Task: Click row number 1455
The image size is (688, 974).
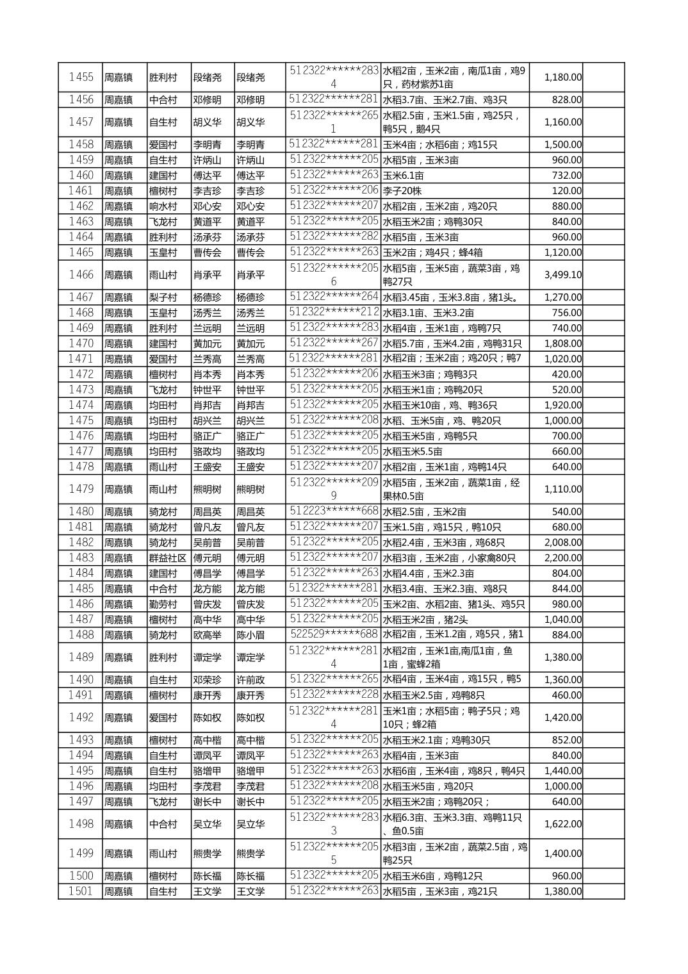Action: [81, 78]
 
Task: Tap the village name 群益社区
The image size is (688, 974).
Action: [168, 558]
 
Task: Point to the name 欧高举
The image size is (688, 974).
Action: [207, 635]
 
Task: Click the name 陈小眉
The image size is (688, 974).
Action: [250, 635]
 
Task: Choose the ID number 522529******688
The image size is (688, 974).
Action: [333, 634]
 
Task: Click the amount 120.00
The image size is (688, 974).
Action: [567, 191]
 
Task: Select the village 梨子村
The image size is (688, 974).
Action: [163, 297]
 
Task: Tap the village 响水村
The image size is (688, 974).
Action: [163, 206]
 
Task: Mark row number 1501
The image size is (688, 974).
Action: [81, 891]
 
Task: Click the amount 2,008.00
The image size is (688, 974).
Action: [563, 543]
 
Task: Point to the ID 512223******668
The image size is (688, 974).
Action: [333, 511]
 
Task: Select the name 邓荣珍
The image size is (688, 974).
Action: [207, 680]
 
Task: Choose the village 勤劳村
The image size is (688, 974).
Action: [163, 604]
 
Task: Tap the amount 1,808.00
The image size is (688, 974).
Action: [563, 344]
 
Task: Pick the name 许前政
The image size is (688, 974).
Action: [250, 680]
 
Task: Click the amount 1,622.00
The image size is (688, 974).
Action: [563, 825]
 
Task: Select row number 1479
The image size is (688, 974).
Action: [81, 490]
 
